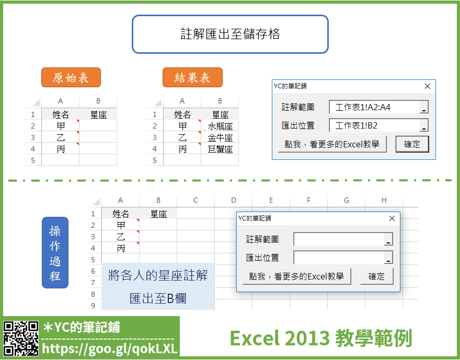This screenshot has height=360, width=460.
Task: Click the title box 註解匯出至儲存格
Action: tap(230, 34)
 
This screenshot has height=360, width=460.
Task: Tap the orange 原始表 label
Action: tap(71, 77)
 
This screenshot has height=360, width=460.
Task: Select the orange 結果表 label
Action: tap(192, 77)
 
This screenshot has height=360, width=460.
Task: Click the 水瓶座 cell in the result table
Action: tap(220, 126)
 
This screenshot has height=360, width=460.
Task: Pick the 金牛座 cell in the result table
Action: tap(220, 137)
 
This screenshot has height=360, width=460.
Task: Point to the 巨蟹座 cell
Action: tap(220, 149)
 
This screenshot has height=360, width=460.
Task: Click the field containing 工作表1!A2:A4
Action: tap(379, 107)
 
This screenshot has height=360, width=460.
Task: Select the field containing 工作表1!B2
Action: tap(379, 125)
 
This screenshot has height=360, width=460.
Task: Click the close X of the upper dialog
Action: tap(428, 86)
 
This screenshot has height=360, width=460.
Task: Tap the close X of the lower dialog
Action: tap(392, 218)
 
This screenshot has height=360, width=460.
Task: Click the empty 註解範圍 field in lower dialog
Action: tap(343, 239)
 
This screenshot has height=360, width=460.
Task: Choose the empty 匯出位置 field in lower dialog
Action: tap(343, 258)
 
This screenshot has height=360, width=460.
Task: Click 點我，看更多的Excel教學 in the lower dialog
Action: tap(296, 276)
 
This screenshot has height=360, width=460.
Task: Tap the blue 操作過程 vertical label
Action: tap(55, 252)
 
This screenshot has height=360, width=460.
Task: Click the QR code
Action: tap(21, 339)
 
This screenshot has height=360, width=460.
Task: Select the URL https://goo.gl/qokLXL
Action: tap(110, 349)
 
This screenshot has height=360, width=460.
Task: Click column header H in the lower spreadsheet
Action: tap(384, 201)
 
